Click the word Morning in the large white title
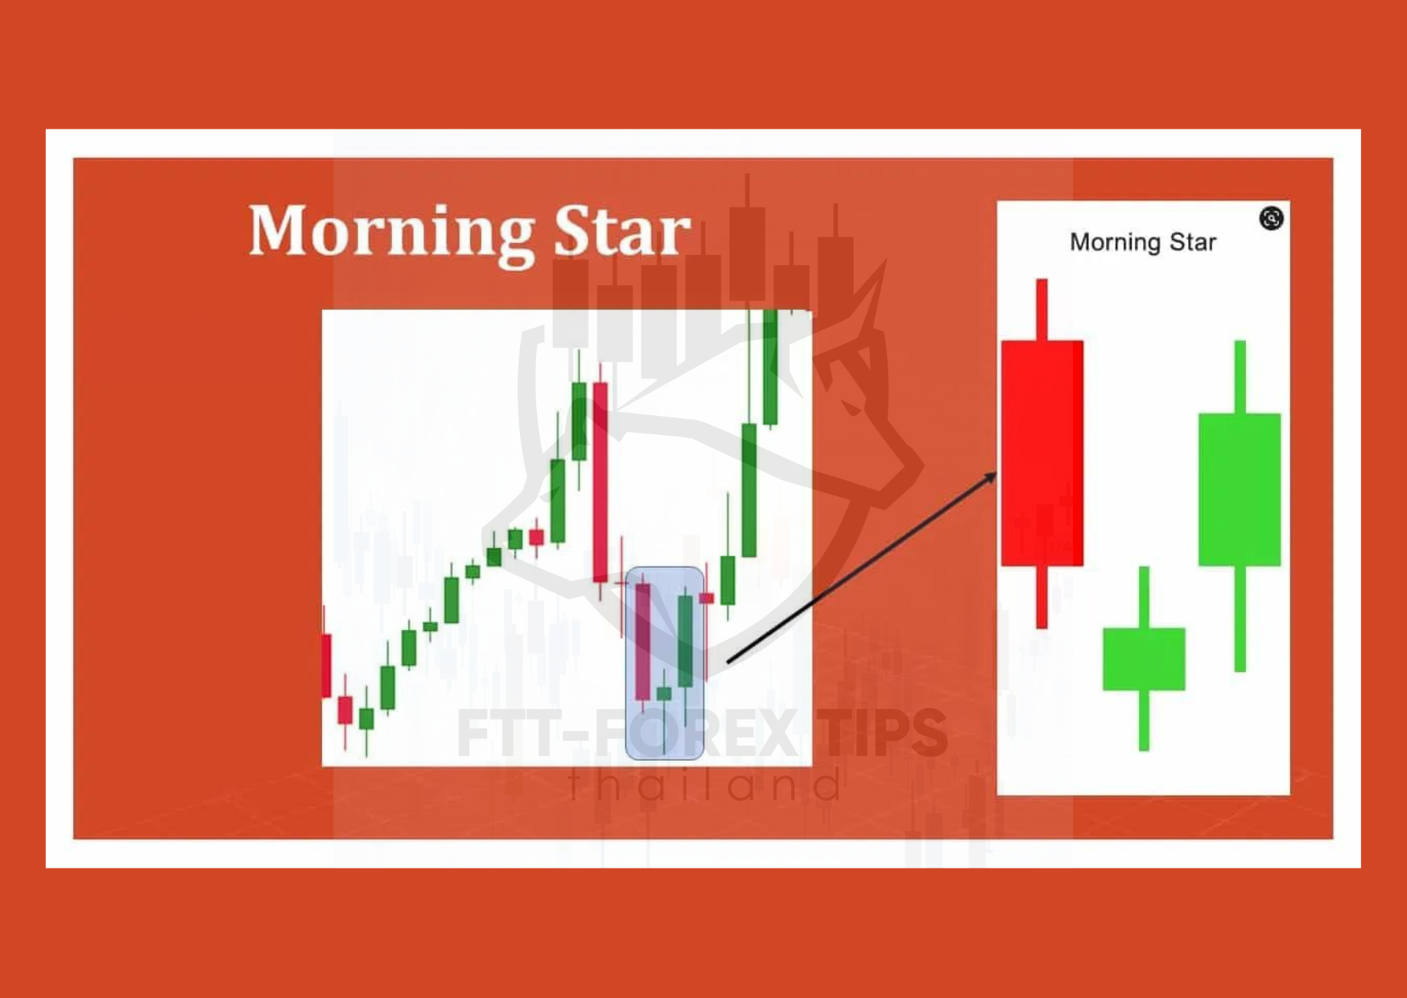(391, 233)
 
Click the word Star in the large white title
(622, 231)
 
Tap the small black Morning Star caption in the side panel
(1142, 242)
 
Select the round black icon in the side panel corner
(1271, 218)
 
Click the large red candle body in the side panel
(1042, 453)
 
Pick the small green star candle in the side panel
(1144, 658)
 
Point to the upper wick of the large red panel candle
(1042, 310)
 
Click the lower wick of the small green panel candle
(1144, 720)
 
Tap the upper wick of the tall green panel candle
(1240, 377)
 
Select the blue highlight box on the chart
(665, 663)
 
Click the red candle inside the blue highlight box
(642, 642)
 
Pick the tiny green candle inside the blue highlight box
(664, 694)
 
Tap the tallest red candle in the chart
(600, 481)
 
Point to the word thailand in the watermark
(705, 784)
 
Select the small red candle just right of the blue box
(707, 598)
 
